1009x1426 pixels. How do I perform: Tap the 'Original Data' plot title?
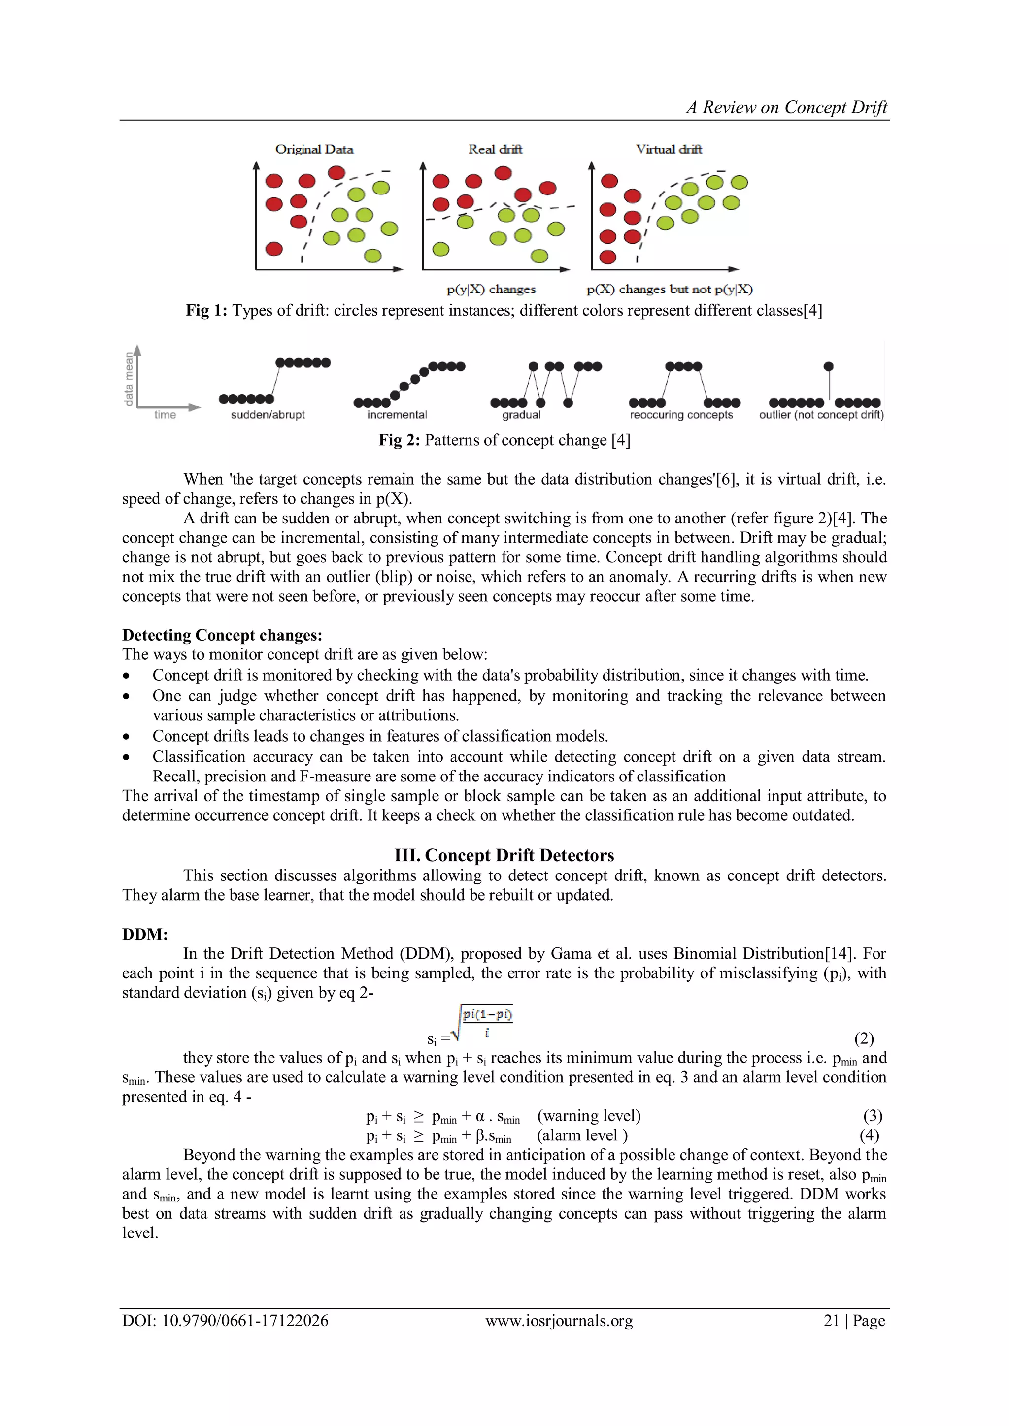click(314, 149)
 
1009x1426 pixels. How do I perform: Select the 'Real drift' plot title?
click(495, 149)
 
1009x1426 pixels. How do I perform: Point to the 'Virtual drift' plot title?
click(669, 149)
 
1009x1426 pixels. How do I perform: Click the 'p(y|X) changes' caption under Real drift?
click(491, 290)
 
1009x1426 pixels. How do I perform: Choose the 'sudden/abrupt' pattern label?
click(268, 415)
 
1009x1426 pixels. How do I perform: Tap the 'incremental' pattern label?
click(397, 415)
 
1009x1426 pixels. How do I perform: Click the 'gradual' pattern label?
click(521, 415)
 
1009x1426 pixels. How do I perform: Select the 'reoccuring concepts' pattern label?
click(681, 415)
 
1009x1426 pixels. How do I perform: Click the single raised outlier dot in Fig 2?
click(828, 366)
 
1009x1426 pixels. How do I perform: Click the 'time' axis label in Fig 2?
click(165, 415)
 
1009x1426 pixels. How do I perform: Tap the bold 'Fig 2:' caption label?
click(400, 440)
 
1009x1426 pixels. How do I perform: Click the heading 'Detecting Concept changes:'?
click(222, 635)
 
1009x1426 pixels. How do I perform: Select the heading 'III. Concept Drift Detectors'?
click(504, 855)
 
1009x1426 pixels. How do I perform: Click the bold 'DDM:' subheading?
click(145, 934)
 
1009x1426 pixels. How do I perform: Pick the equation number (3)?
click(873, 1116)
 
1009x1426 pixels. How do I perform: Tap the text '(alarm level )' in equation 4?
click(582, 1135)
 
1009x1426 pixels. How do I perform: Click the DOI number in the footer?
click(245, 1321)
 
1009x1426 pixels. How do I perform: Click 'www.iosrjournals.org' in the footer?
click(559, 1321)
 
